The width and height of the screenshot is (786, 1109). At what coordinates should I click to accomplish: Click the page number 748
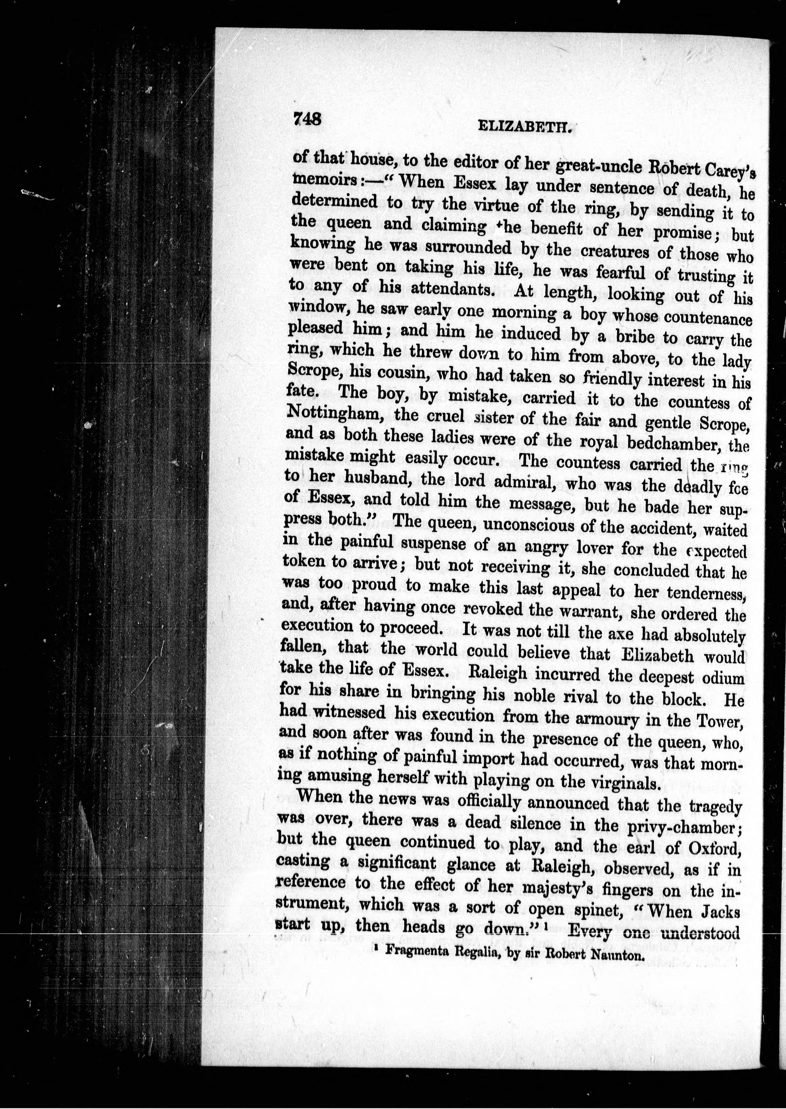[306, 118]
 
